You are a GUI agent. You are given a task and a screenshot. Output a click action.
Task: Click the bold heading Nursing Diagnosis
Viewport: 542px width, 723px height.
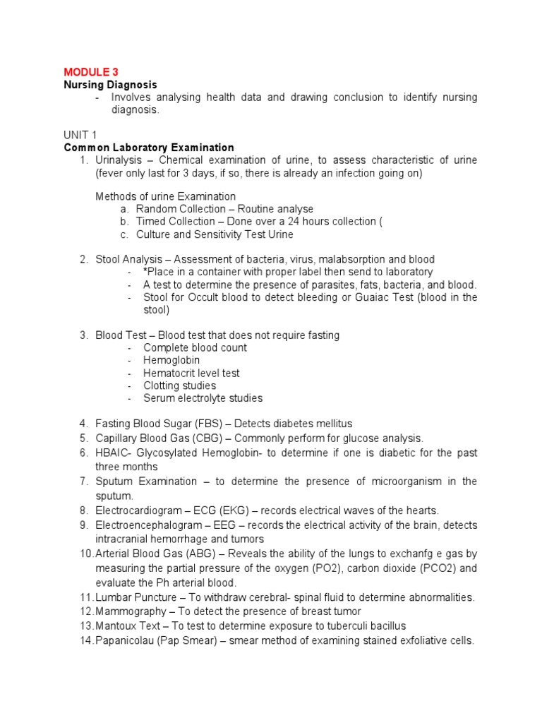(x=110, y=85)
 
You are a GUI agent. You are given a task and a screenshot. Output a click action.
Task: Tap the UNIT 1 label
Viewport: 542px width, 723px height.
(x=80, y=135)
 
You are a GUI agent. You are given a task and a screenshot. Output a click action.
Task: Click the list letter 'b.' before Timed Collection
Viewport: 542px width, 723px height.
(x=124, y=222)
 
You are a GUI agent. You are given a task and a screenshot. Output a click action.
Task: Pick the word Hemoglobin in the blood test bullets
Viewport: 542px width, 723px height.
(x=171, y=361)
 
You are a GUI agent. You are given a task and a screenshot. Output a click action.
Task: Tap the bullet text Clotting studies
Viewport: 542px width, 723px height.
(x=179, y=386)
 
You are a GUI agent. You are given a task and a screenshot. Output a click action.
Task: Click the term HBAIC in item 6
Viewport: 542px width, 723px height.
(x=114, y=453)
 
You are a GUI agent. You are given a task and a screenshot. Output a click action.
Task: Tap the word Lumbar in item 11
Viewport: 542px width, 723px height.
(x=114, y=597)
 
